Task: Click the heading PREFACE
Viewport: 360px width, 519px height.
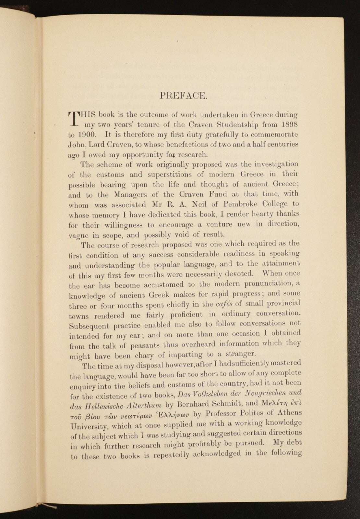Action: tap(183, 95)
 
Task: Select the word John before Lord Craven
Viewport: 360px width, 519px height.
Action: tap(77, 145)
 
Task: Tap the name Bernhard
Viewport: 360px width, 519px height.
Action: tap(191, 404)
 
